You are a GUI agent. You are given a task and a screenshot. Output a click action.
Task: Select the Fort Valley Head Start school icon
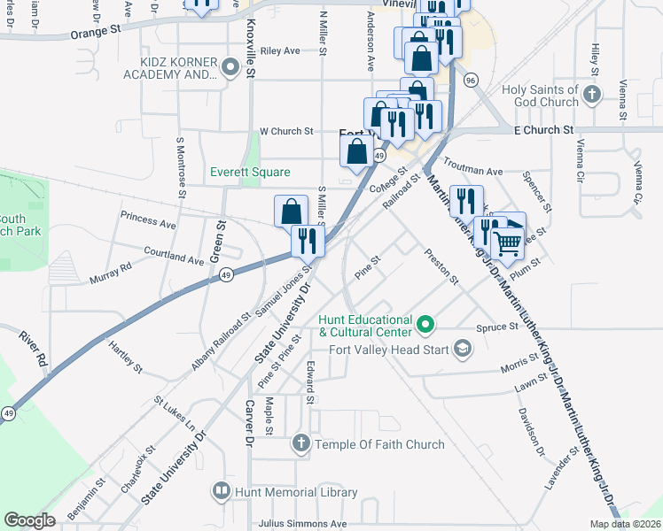click(461, 350)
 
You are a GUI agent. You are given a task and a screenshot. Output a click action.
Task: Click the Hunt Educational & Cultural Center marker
click(425, 325)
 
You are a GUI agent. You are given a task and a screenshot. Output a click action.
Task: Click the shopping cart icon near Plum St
click(507, 242)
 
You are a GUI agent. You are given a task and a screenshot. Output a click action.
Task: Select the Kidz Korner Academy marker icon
click(232, 66)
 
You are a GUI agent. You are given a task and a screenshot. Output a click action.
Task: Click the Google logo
click(30, 520)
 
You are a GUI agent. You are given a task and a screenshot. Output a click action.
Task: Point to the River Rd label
click(33, 348)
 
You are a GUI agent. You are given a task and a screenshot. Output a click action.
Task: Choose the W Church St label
click(285, 131)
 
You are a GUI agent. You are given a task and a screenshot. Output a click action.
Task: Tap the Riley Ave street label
click(281, 51)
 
